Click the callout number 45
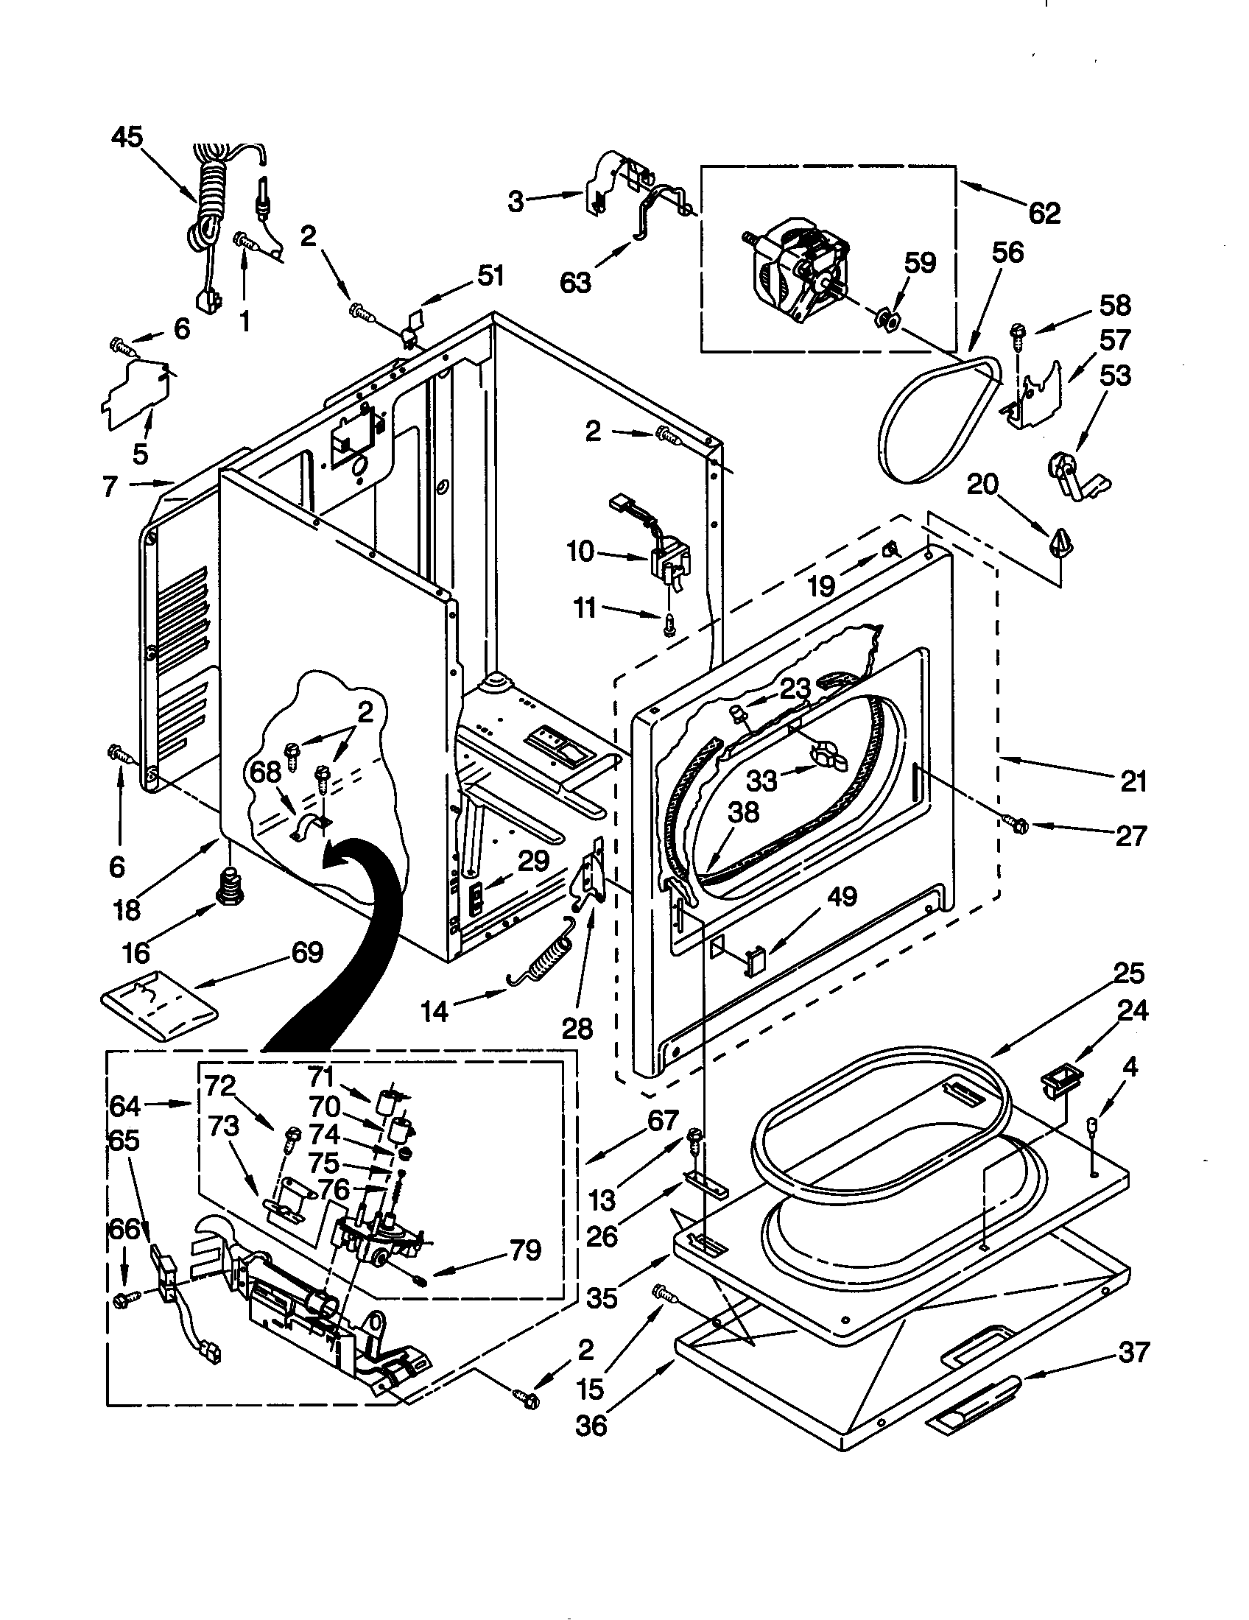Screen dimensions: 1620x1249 pyautogui.click(x=127, y=137)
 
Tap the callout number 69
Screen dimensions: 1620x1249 pyautogui.click(x=307, y=951)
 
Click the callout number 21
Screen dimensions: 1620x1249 pyautogui.click(x=1133, y=781)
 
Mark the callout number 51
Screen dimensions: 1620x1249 pyautogui.click(x=490, y=276)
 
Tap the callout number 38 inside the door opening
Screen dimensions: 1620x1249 pyautogui.click(x=743, y=812)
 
